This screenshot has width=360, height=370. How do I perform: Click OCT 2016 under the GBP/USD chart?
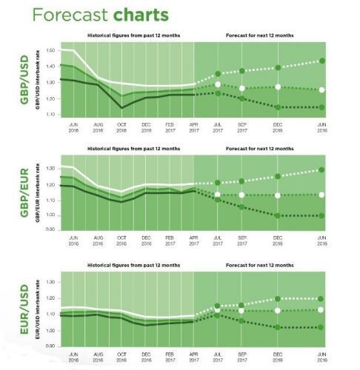[121, 127]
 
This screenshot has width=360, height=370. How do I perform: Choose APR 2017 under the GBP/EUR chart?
[193, 243]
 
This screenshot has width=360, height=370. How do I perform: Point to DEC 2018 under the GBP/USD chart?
[278, 127]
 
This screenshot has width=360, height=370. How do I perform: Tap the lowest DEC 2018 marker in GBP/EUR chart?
[278, 215]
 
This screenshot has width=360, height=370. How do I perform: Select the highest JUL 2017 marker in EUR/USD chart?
[218, 306]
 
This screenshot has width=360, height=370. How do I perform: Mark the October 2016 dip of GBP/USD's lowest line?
[121, 108]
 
